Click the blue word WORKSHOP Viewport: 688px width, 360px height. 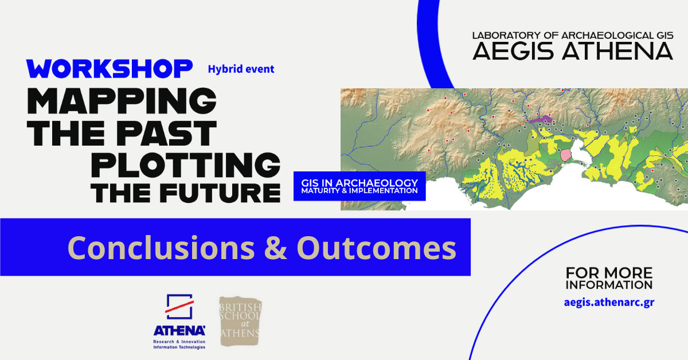pyautogui.click(x=110, y=68)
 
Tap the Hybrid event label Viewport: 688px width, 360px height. pyautogui.click(x=241, y=69)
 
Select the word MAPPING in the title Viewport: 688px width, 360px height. pyautogui.click(x=122, y=101)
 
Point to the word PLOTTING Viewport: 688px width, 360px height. pyautogui.click(x=186, y=165)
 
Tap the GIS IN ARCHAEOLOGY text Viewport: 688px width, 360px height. pyautogui.click(x=359, y=183)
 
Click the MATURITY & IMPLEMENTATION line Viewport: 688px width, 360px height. pyautogui.click(x=359, y=191)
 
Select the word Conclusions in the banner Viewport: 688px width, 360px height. pyautogui.click(x=161, y=248)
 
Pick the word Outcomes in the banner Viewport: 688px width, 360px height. pyautogui.click(x=376, y=248)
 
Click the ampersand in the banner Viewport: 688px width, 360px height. pyautogui.click(x=276, y=248)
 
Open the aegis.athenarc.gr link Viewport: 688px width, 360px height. pyautogui.click(x=609, y=303)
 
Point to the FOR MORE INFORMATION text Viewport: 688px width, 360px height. pyautogui.click(x=609, y=278)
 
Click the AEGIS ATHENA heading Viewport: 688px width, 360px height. pyautogui.click(x=573, y=51)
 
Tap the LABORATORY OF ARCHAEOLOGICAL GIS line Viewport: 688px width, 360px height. pyautogui.click(x=573, y=36)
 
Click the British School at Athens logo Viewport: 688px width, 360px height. pyautogui.click(x=240, y=321)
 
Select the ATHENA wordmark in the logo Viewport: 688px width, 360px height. pyautogui.click(x=179, y=331)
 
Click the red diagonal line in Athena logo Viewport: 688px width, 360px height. pyautogui.click(x=179, y=307)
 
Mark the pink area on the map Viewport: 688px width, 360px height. pyautogui.click(x=565, y=155)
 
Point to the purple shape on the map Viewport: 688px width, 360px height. pyautogui.click(x=541, y=119)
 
